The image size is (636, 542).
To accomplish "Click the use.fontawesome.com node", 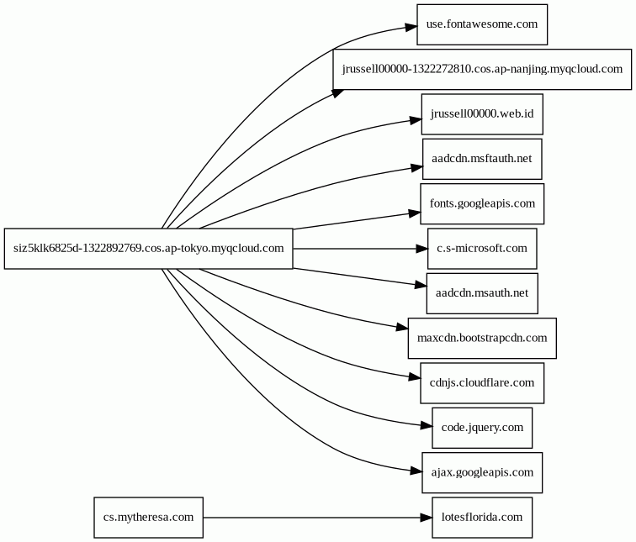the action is [x=482, y=24].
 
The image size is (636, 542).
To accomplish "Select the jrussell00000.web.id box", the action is [x=482, y=114].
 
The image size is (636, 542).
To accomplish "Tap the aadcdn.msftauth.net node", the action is [x=482, y=159].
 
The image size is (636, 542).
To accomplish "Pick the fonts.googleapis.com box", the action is [x=482, y=203].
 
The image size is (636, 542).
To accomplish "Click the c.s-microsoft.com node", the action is [x=482, y=249].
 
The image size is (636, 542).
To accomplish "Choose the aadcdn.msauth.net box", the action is [x=482, y=293].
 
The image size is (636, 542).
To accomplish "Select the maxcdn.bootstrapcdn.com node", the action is [x=482, y=339].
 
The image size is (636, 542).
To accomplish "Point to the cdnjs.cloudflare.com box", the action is [x=482, y=383].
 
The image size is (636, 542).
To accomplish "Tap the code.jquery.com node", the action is [x=482, y=428].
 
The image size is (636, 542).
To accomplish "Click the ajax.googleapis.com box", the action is [x=482, y=473].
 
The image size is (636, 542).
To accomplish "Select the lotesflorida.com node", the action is [x=482, y=518].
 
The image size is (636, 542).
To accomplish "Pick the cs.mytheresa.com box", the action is [x=148, y=518].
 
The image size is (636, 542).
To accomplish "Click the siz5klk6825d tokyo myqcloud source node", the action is [x=148, y=249].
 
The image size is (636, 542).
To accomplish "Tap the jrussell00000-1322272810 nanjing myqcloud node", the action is [x=482, y=69].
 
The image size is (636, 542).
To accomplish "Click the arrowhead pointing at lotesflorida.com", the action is [x=426, y=518].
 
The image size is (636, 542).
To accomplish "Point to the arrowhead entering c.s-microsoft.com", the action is [x=421, y=249].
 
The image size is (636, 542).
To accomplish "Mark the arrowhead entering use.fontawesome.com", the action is [x=411, y=27].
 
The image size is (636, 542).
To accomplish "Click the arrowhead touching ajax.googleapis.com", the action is [x=416, y=471].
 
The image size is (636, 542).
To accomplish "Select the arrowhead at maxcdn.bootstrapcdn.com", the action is [x=402, y=327].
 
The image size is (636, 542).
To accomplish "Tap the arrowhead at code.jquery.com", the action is [x=427, y=426].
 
